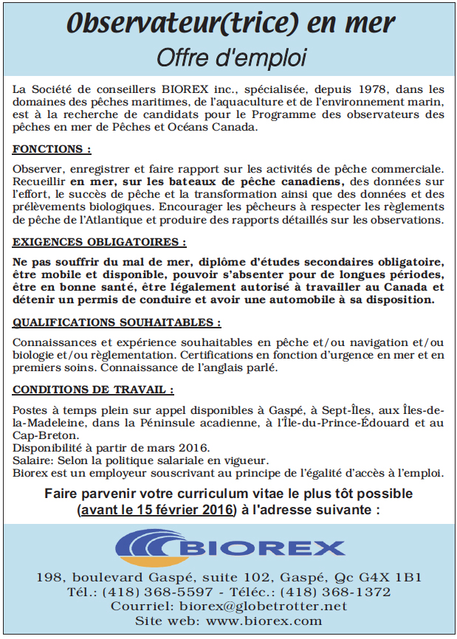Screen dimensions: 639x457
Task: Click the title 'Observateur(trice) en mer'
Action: click(229, 24)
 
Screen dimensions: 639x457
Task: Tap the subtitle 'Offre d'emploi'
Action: click(229, 56)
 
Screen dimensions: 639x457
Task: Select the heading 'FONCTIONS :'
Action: click(52, 149)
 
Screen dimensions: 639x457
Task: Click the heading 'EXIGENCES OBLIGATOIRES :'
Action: click(99, 242)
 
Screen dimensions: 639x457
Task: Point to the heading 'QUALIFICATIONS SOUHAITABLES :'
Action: click(117, 322)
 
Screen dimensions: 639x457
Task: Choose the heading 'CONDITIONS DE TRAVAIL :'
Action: click(93, 390)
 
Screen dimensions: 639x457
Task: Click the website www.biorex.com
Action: click(264, 621)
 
